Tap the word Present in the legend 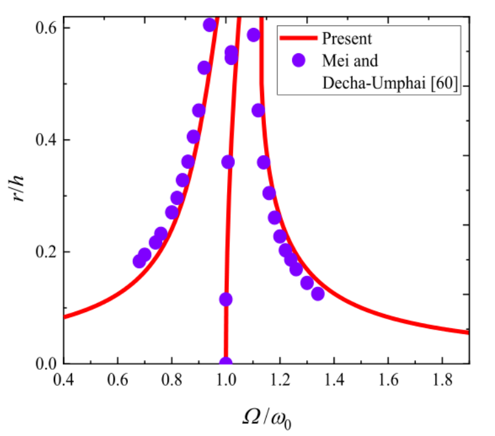347,39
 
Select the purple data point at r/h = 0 226,363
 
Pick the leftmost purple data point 139,261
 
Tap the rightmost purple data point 317,293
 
